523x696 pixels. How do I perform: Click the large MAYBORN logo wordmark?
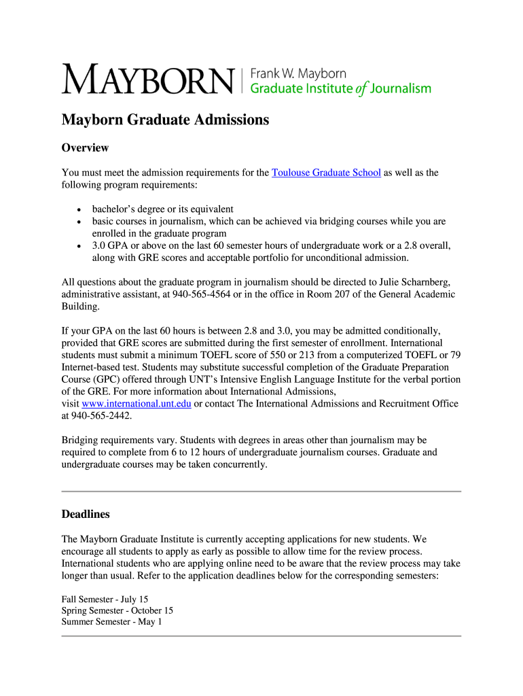point(147,80)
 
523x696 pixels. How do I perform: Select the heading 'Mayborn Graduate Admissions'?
point(166,120)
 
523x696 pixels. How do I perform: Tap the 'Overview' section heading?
point(85,147)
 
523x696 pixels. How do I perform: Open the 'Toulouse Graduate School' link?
point(326,173)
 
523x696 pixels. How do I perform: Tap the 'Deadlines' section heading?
point(86,514)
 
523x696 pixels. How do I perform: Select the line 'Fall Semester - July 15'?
point(105,599)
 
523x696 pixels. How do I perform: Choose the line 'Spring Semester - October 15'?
point(117,610)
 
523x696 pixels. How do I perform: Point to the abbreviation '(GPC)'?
point(110,379)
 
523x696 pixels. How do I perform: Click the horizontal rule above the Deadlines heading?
point(261,491)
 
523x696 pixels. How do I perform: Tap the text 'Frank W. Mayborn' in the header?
point(299,73)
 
